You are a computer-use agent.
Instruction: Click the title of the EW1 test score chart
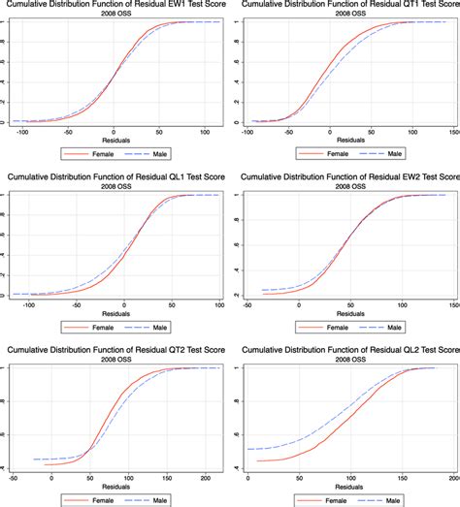coord(114,7)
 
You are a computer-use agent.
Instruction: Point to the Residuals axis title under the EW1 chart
coord(114,141)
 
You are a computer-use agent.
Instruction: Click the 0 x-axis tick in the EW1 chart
coord(114,131)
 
